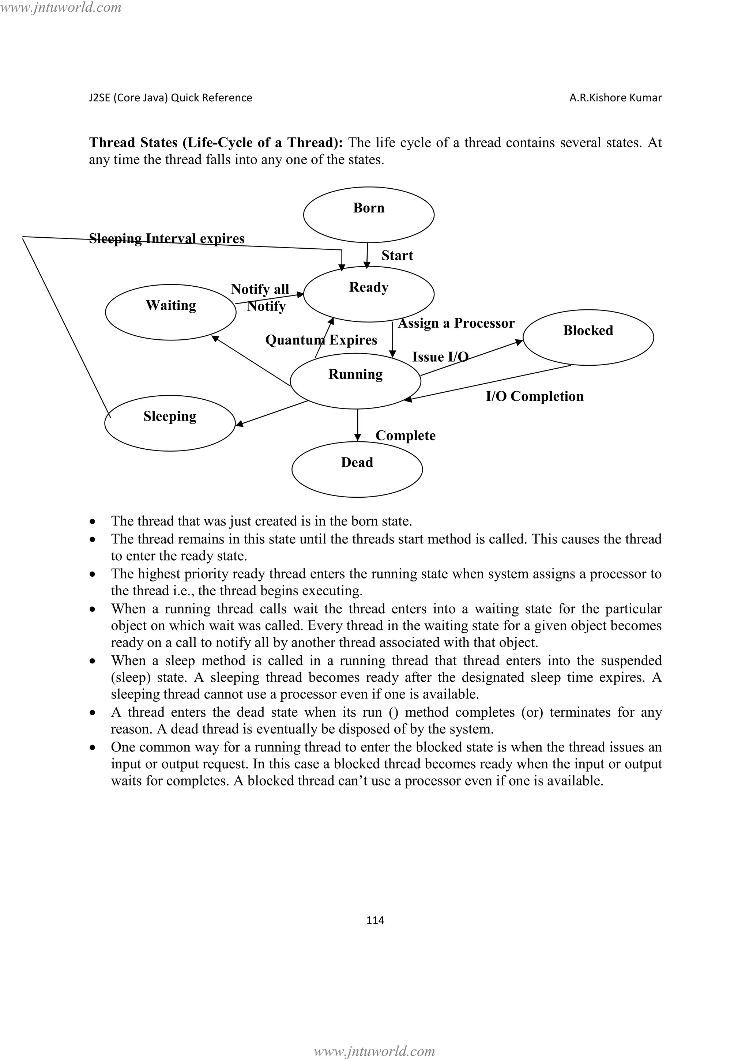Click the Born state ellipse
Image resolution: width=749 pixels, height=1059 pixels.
pyautogui.click(x=369, y=215)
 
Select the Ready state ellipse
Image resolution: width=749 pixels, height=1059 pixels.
pyautogui.click(x=369, y=294)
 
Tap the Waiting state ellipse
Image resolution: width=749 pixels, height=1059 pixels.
pyautogui.click(x=171, y=312)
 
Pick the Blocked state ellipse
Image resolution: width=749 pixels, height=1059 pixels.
pyautogui.click(x=588, y=338)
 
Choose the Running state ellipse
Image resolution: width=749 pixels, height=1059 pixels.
pyautogui.click(x=355, y=381)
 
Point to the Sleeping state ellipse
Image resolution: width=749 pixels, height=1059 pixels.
pyautogui.click(x=170, y=423)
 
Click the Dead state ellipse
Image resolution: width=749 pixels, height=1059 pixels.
pyautogui.click(x=357, y=469)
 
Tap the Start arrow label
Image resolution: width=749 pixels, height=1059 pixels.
pyautogui.click(x=397, y=256)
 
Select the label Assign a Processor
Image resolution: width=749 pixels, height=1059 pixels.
pyautogui.click(x=456, y=323)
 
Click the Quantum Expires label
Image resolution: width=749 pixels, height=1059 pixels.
pyautogui.click(x=321, y=340)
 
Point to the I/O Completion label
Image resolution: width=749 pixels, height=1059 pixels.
pyautogui.click(x=535, y=396)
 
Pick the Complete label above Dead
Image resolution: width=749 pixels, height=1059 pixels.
pyautogui.click(x=405, y=436)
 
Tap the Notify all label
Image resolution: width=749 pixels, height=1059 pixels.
pyautogui.click(x=260, y=289)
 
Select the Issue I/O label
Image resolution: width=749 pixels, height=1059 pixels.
pyautogui.click(x=440, y=357)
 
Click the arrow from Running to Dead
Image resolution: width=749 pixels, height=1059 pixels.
pyautogui.click(x=357, y=424)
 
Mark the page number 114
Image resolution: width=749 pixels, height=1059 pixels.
pyautogui.click(x=375, y=920)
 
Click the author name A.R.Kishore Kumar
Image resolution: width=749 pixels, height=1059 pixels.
pyautogui.click(x=615, y=98)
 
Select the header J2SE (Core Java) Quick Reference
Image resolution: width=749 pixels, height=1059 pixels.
pyautogui.click(x=170, y=98)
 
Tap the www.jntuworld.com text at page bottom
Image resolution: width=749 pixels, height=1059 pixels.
pyautogui.click(x=374, y=1051)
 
